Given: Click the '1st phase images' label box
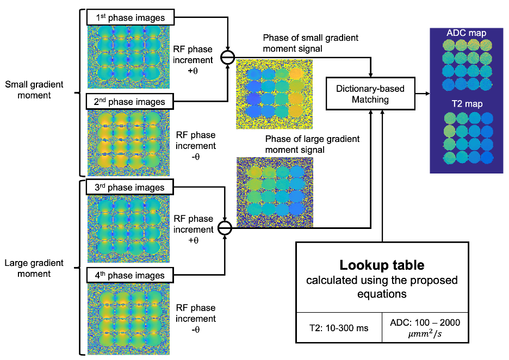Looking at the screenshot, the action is (x=131, y=17).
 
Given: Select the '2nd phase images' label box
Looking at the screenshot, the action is (x=130, y=102).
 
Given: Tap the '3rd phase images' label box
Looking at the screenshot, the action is (x=130, y=187).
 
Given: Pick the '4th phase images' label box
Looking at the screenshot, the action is (x=130, y=275).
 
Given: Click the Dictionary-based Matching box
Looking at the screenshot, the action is (x=370, y=94).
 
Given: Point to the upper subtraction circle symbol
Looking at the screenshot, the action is (x=227, y=58).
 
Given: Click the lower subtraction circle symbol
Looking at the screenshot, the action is (x=225, y=228).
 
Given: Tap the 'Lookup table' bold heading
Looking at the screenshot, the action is (x=382, y=265).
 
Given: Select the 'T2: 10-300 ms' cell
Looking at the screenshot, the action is (x=339, y=328).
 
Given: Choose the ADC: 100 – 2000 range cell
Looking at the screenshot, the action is (x=425, y=328).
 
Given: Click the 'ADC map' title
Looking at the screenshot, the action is (x=466, y=33).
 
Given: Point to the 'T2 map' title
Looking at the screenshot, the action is (x=467, y=104).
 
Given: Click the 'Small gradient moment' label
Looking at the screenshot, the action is (x=34, y=90).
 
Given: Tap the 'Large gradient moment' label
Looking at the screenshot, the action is (x=34, y=268).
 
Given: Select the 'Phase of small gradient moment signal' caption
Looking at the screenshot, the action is (x=311, y=43).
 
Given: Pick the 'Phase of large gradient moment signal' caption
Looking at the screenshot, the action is (x=312, y=144).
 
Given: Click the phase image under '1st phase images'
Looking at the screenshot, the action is (x=128, y=57).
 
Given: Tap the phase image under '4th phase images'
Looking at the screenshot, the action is (x=128, y=319).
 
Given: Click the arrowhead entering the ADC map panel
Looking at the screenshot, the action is (x=427, y=94).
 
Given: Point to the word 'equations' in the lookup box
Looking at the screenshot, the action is (x=382, y=294).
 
